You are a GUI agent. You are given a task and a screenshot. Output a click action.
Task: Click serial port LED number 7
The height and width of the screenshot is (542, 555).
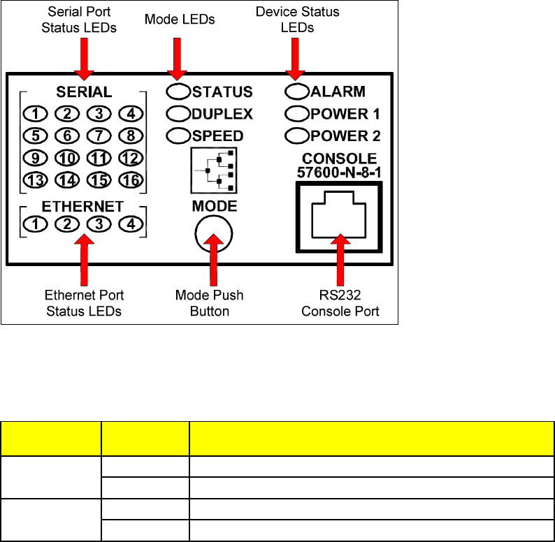99,135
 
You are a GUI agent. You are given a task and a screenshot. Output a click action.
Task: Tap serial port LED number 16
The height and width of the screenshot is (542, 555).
130,180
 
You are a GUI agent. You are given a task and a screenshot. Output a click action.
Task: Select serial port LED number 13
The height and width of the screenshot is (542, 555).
35,180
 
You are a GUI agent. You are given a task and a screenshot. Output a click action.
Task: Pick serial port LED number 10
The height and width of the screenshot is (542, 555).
67,157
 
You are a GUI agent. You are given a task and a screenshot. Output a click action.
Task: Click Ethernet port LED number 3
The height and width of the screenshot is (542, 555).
99,224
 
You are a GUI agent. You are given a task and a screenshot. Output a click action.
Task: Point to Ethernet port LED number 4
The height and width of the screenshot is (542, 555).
130,224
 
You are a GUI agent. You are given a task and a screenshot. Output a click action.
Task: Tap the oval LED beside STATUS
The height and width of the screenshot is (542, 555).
178,91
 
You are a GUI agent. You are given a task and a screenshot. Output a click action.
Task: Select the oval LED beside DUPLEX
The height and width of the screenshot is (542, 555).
178,113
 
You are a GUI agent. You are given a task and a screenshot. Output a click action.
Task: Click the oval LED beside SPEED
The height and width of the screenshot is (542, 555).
178,135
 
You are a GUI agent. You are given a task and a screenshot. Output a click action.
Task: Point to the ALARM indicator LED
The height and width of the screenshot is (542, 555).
298,91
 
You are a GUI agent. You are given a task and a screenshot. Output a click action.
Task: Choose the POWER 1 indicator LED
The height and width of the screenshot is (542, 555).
298,112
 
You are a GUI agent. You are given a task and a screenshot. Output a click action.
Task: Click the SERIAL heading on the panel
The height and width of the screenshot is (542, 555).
83,92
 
